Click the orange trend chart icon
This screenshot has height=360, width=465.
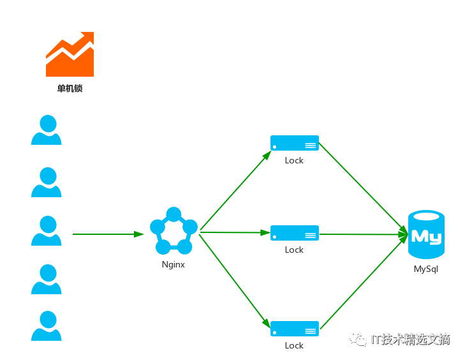70,54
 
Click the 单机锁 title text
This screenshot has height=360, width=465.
70,89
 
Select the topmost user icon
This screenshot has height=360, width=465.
47,130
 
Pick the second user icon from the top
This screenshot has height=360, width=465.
47,182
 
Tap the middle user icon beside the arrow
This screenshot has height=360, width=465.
47,230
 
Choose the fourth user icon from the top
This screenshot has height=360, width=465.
47,279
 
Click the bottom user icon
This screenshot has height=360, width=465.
47,326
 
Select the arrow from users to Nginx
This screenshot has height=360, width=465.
108,234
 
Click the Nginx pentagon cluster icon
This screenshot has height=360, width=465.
173,230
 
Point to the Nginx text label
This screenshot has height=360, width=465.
173,264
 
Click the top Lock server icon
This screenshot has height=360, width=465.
295,143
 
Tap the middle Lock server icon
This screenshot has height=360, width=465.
295,233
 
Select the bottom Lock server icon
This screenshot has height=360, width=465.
295,329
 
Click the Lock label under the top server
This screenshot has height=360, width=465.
294,161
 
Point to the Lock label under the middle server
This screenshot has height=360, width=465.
294,250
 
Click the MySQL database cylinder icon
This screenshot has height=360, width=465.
426,234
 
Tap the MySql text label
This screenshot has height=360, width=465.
426,269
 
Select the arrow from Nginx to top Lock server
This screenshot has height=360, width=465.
236,190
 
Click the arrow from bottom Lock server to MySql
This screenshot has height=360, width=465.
364,282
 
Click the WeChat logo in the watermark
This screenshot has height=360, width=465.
358,339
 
